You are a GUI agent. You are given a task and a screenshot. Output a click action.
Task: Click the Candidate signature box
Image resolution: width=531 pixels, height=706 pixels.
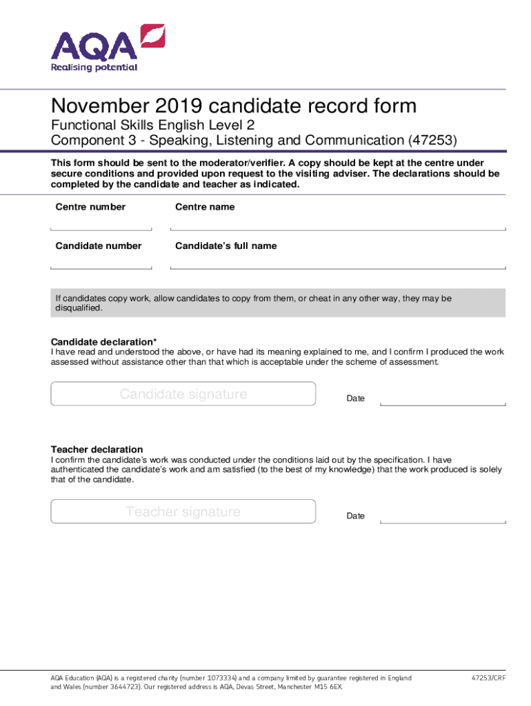183,394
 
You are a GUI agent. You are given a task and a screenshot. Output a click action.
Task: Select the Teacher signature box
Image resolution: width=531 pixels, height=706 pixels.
183,512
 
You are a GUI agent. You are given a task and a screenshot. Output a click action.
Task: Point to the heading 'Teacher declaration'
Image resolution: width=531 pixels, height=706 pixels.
97,450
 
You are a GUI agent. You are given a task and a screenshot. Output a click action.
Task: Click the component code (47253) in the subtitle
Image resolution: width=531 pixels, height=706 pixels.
433,141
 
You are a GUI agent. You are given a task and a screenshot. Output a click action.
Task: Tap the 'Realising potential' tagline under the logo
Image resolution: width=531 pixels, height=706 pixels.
94,67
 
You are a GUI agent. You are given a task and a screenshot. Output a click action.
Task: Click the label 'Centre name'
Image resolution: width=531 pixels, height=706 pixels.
205,207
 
